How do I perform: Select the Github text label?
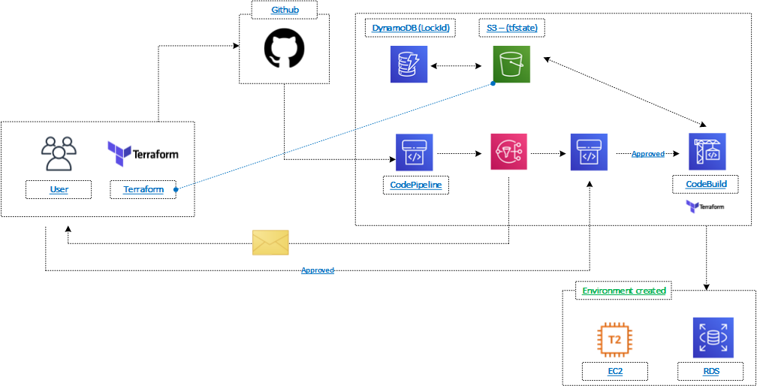(284, 11)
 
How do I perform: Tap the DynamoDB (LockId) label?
(410, 29)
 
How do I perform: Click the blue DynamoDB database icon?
(409, 64)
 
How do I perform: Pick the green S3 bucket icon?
(511, 64)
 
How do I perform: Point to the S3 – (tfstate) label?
(512, 29)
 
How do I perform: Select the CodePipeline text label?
(415, 185)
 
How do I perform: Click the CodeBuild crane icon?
(707, 152)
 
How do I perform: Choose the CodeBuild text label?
(706, 184)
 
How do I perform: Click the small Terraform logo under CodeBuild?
(704, 206)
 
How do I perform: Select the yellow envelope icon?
(270, 243)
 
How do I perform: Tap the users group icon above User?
(59, 154)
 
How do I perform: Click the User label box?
(59, 189)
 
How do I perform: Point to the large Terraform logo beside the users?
(143, 153)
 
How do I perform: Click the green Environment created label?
(624, 291)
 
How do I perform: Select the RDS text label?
(710, 371)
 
